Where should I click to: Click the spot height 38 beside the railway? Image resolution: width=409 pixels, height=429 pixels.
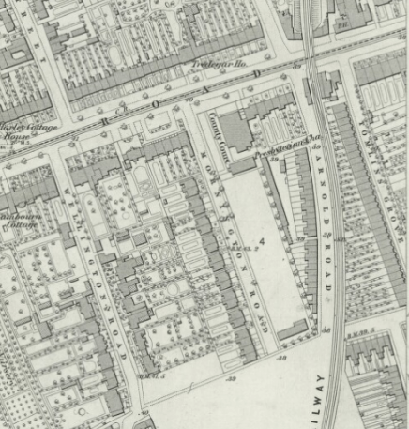click(x=327, y=329)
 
